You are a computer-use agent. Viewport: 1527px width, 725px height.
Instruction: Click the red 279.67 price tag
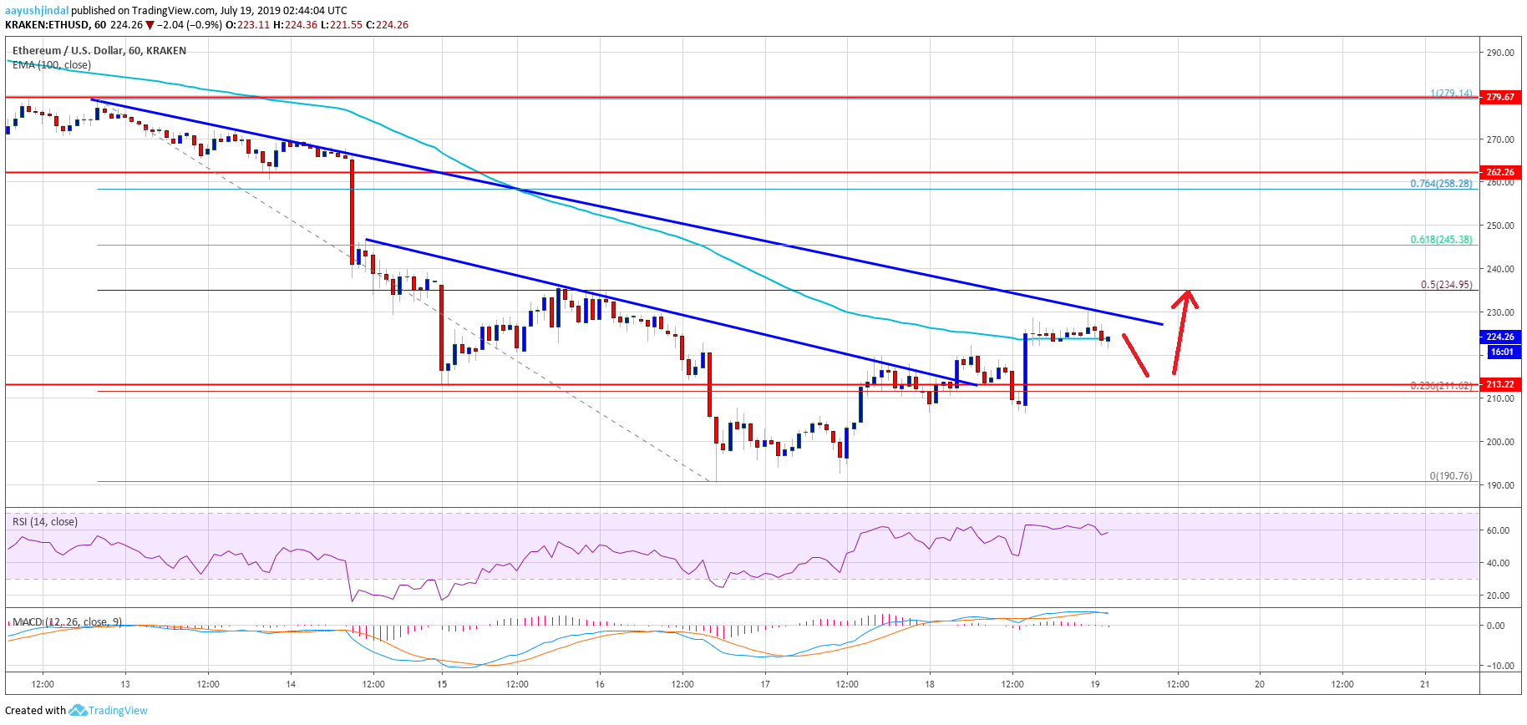pos(1500,97)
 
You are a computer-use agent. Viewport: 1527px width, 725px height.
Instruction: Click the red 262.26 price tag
pos(1500,172)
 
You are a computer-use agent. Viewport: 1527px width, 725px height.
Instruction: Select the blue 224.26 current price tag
pos(1500,337)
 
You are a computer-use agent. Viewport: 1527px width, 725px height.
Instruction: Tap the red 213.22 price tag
pos(1500,384)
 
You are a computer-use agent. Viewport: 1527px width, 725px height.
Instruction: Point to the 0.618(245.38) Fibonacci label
pos(1441,240)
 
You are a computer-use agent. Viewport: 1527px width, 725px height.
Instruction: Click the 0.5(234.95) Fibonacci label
pos(1446,285)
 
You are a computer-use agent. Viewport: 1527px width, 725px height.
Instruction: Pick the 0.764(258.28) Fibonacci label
pos(1441,184)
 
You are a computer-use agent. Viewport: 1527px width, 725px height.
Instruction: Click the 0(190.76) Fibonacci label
pos(1450,476)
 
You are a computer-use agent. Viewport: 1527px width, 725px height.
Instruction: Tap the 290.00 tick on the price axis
pos(1500,53)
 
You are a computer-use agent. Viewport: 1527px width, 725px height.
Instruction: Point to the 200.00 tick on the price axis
pos(1500,442)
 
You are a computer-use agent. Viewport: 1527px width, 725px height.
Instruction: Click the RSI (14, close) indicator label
pos(44,522)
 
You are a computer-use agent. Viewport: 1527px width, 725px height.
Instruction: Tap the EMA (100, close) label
pos(52,65)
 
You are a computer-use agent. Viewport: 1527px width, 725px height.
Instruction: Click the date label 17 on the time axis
pos(765,684)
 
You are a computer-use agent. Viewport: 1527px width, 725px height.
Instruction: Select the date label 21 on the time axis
pos(1424,684)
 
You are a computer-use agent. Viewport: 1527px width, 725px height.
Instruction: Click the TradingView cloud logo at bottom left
pos(78,711)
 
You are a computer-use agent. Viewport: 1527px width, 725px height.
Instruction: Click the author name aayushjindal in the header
pos(37,11)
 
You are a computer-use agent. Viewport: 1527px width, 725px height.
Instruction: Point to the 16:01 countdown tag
pos(1501,352)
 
